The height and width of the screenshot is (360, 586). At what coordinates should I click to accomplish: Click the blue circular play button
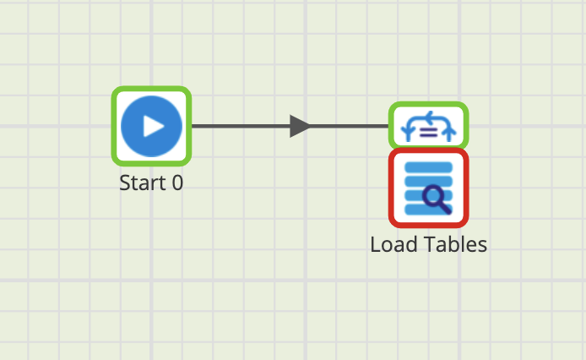click(x=152, y=126)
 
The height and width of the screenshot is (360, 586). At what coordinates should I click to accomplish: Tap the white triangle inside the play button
click(x=154, y=126)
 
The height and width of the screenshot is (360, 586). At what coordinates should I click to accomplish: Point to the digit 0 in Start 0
click(x=176, y=182)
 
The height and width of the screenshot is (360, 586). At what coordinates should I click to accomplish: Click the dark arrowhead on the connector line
click(x=300, y=126)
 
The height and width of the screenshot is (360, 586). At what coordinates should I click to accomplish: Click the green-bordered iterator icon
click(x=428, y=126)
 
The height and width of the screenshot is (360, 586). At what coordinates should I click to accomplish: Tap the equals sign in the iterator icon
click(x=428, y=130)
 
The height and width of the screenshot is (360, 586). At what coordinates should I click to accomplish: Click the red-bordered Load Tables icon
click(x=428, y=188)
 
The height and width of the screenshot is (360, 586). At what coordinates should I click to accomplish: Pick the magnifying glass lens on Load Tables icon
click(x=434, y=197)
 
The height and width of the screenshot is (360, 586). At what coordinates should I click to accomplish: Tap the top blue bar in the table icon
click(x=428, y=166)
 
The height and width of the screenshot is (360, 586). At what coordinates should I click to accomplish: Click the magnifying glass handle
click(x=445, y=208)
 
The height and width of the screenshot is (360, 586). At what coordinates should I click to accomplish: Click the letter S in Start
click(x=125, y=182)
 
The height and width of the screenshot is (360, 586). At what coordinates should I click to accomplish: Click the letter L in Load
click(x=375, y=245)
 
